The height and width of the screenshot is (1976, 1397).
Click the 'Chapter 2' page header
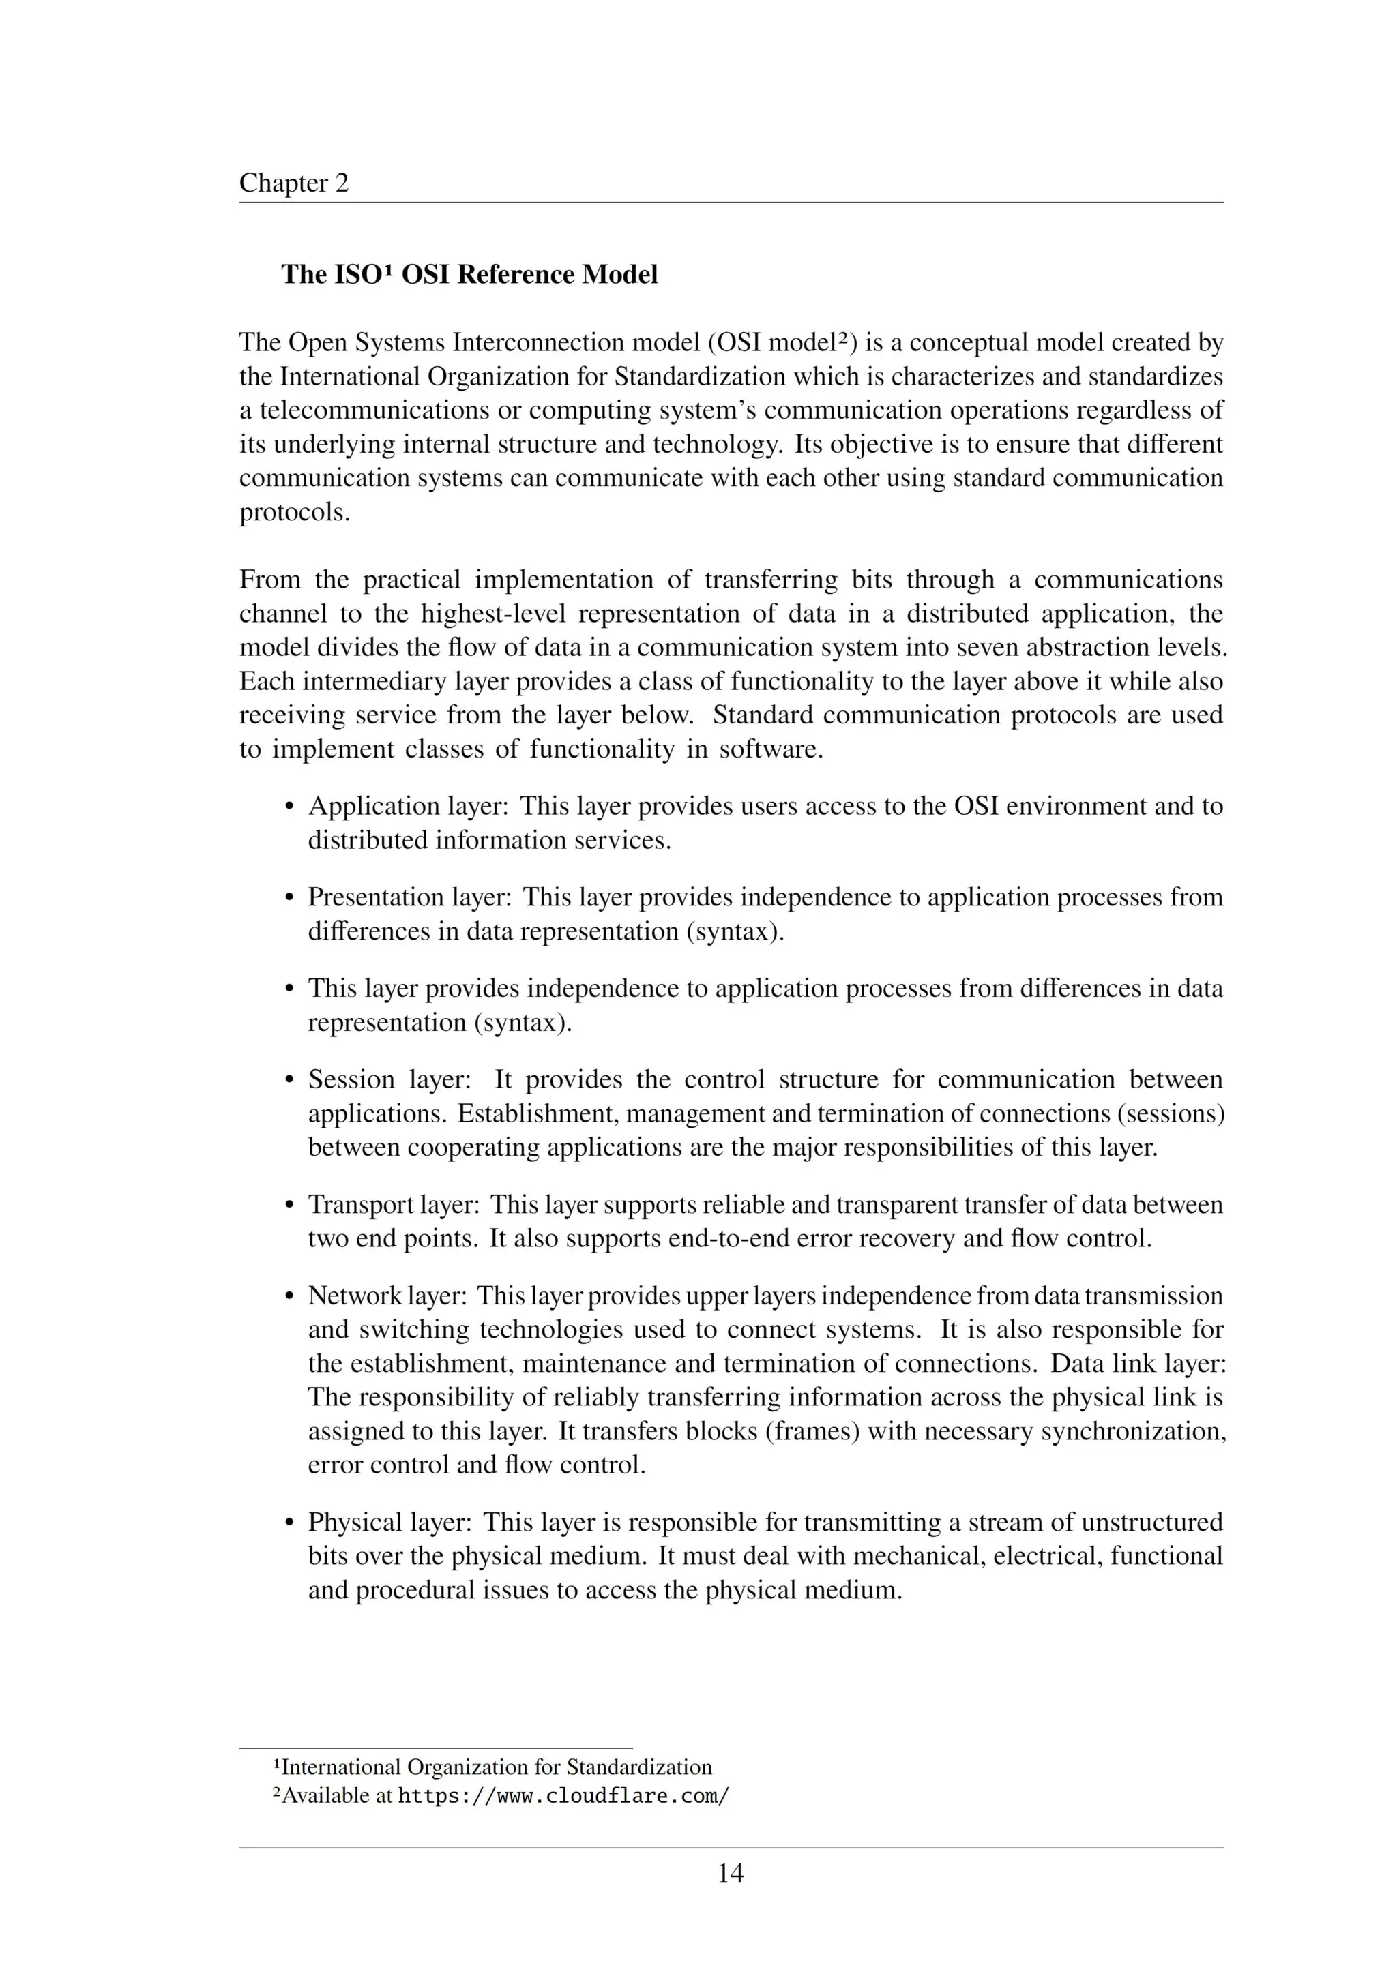click(293, 183)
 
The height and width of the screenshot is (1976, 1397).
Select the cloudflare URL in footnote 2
click(564, 1796)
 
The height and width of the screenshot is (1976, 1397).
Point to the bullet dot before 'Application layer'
click(290, 807)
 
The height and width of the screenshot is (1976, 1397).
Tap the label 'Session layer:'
click(389, 1080)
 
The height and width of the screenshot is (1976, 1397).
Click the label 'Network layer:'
click(387, 1296)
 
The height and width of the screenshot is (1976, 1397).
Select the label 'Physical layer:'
click(389, 1523)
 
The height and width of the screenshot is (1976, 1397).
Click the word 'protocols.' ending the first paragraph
click(295, 512)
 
